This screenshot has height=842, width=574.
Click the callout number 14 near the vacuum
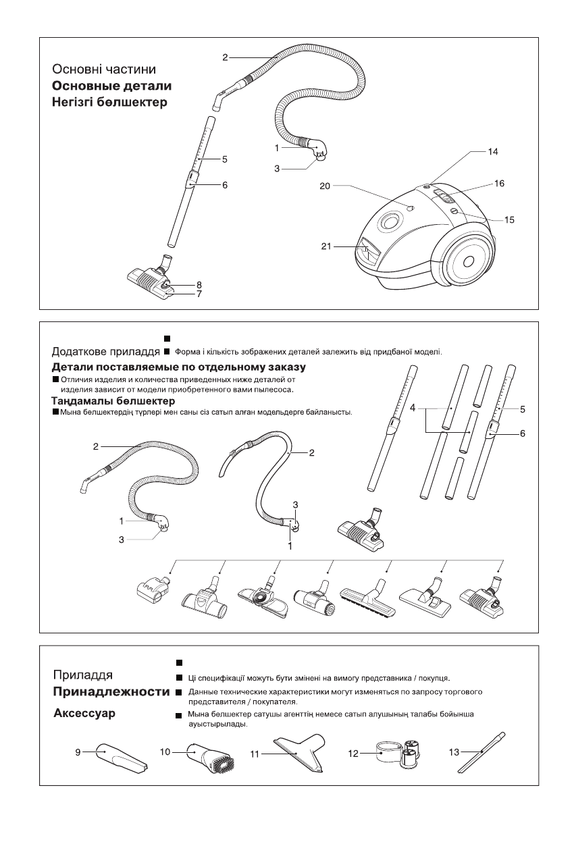pos(493,153)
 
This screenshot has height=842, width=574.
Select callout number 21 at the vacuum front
pos(325,246)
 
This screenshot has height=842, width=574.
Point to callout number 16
pos(499,183)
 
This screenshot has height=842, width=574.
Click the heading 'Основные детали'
pos(111,86)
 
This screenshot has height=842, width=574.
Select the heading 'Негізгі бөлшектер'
pos(109,103)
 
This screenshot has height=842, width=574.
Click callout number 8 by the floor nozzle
pos(199,285)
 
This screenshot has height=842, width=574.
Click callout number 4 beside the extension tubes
pos(412,409)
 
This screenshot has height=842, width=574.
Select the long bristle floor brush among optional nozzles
pos(368,599)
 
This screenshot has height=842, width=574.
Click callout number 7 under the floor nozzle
pos(199,294)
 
